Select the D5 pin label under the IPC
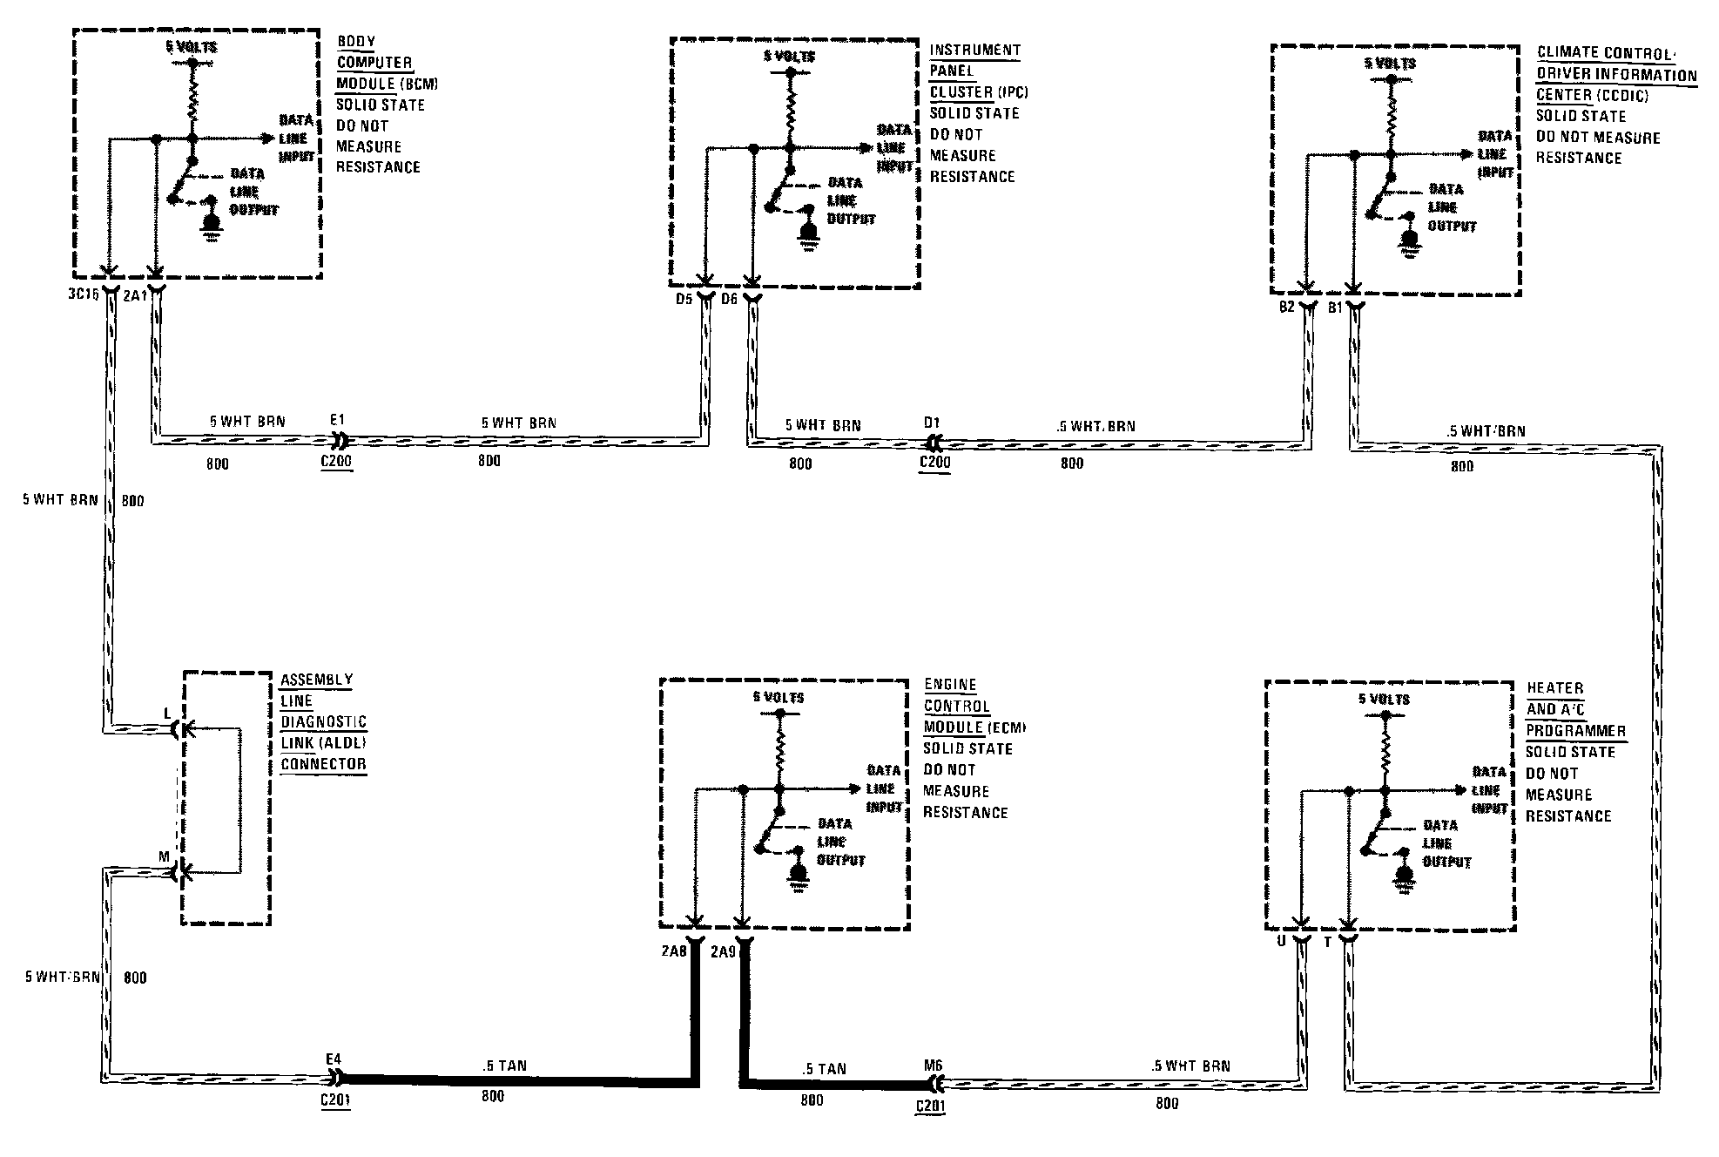point(684,300)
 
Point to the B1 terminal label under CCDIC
point(1334,308)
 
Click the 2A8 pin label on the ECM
point(674,951)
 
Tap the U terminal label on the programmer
point(1281,942)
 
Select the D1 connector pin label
point(932,423)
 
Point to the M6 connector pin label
point(934,1066)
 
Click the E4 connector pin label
point(334,1059)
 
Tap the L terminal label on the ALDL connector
point(168,714)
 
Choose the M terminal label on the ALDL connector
point(164,856)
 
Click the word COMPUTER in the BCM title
point(374,63)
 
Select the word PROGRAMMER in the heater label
point(1575,730)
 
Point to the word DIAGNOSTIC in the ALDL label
point(323,722)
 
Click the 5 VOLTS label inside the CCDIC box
point(1390,63)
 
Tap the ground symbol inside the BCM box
point(211,222)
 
